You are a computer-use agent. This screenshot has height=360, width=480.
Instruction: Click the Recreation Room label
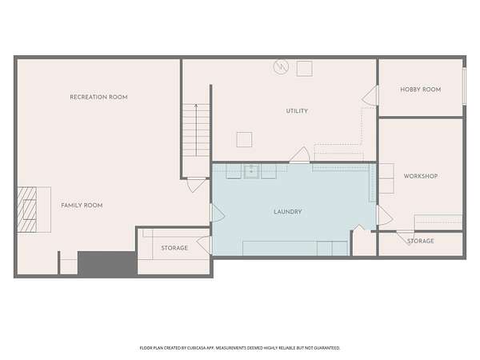point(98,97)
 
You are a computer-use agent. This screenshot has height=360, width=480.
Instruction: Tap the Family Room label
point(82,206)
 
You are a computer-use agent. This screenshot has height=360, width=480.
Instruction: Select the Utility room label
point(297,111)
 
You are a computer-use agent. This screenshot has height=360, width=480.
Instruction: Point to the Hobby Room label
point(421,90)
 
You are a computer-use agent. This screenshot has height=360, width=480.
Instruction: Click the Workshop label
point(421,176)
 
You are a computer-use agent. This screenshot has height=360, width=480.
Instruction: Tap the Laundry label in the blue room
point(288,212)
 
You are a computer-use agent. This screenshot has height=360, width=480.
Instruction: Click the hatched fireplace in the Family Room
point(27,210)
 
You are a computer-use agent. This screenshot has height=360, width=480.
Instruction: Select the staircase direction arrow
point(196,130)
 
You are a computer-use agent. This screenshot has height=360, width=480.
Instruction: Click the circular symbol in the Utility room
point(281,67)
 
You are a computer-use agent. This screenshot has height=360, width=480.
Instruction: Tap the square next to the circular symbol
point(305,69)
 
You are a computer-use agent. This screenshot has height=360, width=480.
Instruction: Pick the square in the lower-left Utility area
point(244,139)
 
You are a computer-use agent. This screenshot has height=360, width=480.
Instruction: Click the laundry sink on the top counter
point(252,172)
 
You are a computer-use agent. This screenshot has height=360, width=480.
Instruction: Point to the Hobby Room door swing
point(370,95)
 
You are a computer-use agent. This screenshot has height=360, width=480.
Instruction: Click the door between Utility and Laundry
point(300,154)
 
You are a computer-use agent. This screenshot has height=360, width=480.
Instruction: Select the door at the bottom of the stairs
point(196,185)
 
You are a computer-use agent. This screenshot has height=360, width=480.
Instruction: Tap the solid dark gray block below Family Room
point(107,263)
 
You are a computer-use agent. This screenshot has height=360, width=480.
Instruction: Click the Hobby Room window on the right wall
point(464,86)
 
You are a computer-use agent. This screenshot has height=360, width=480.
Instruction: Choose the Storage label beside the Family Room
point(174,248)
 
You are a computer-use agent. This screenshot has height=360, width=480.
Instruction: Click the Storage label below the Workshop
point(421,242)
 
